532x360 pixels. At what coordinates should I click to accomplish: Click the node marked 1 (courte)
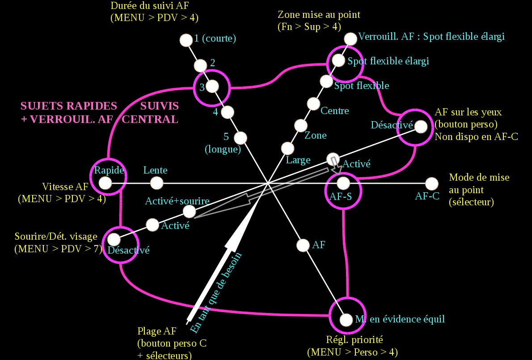(x=185, y=40)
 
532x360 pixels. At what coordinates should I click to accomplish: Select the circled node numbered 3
(x=212, y=86)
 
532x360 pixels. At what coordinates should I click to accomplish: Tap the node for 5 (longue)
(x=241, y=137)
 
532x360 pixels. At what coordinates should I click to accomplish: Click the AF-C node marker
(x=431, y=183)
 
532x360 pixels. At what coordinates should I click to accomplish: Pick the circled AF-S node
(x=343, y=183)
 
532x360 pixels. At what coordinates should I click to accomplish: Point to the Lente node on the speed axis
(x=156, y=183)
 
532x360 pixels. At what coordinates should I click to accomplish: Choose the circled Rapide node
(x=105, y=182)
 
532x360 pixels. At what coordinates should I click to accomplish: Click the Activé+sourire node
(x=190, y=211)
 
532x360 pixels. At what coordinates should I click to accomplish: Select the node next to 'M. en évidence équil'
(x=346, y=320)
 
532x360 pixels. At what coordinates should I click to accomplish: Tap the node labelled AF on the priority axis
(x=303, y=245)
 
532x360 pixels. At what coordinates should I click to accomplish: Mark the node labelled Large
(x=287, y=148)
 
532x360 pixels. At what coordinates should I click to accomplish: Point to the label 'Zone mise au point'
(x=319, y=15)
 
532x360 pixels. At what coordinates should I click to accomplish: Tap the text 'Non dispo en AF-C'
(x=476, y=137)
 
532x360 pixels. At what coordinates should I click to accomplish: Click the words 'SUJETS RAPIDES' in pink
(x=69, y=106)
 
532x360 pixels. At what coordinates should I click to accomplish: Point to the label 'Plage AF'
(x=157, y=331)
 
